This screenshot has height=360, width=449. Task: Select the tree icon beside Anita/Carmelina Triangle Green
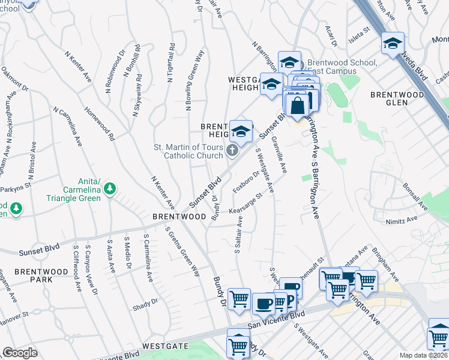[x=109, y=190]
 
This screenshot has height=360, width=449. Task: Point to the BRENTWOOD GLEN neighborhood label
[x=397, y=98]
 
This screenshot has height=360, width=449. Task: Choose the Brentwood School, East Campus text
[x=342, y=67]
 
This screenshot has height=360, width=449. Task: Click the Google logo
[x=19, y=353]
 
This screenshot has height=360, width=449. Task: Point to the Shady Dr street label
[x=145, y=304]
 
